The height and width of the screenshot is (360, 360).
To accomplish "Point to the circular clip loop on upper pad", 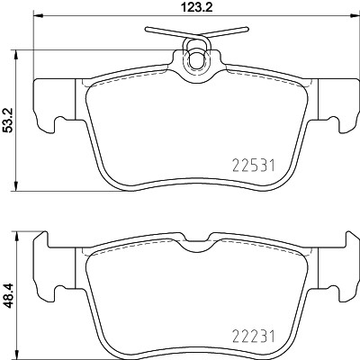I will tap(195, 59).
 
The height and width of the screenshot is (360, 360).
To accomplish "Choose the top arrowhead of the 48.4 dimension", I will tap(21, 238).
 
